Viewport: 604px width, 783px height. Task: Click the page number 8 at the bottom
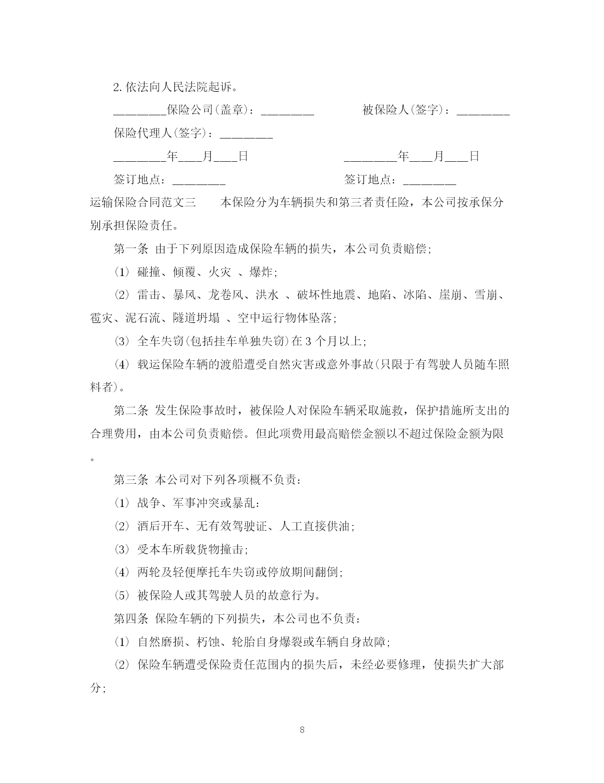[302, 730]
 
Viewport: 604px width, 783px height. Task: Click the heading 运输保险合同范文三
[143, 203]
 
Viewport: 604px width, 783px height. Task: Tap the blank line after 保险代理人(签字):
[246, 134]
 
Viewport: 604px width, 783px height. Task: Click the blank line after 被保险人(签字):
[483, 111]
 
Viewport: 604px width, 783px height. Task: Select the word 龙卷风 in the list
[226, 295]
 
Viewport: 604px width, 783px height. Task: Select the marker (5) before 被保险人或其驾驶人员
[122, 596]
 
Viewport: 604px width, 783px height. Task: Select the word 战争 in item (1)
[149, 503]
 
